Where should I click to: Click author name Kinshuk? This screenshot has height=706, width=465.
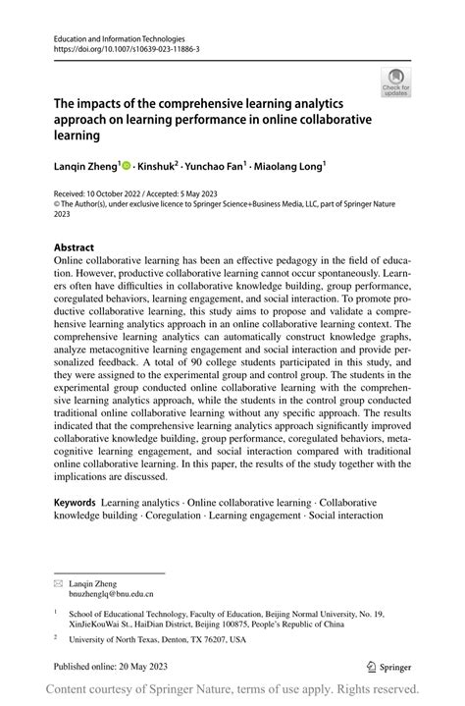(159, 168)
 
